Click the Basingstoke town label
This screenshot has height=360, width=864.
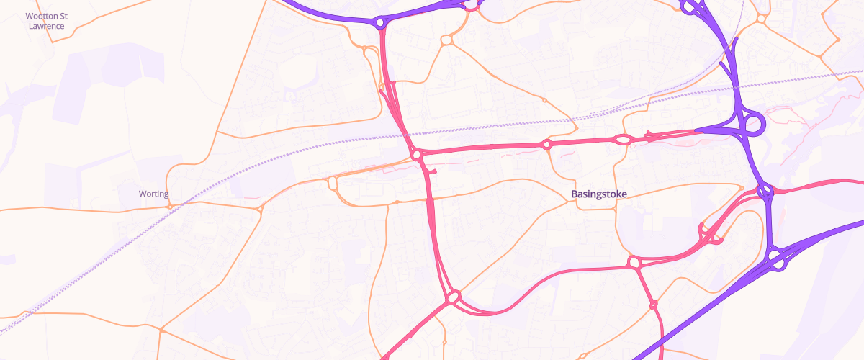click(598, 194)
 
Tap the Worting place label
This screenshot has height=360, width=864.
click(153, 194)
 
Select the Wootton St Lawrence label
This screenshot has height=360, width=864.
click(46, 21)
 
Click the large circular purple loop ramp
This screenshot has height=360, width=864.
click(752, 125)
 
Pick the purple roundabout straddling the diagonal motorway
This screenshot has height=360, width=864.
click(776, 258)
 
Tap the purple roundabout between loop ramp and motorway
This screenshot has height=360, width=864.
click(766, 192)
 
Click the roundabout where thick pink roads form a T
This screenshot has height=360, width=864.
click(416, 155)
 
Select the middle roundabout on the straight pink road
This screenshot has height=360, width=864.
click(546, 145)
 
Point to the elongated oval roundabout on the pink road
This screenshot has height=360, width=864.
click(623, 140)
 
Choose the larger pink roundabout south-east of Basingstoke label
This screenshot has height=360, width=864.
click(634, 263)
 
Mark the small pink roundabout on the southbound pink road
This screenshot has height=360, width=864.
click(654, 305)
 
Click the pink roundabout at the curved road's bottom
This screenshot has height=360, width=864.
click(454, 296)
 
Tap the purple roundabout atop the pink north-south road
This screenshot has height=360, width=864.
click(379, 23)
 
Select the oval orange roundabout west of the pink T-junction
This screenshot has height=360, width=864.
click(333, 183)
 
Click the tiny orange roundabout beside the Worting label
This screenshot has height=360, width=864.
click(170, 207)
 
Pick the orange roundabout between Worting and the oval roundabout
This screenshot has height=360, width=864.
click(260, 210)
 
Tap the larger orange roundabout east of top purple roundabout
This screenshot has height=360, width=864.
click(446, 40)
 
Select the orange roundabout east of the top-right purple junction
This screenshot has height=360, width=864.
click(761, 19)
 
